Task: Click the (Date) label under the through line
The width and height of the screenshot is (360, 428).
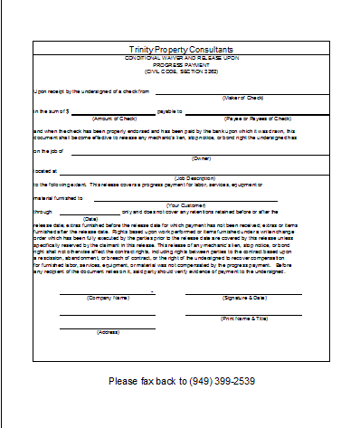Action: click(x=90, y=219)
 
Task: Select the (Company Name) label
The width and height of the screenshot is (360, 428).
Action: click(x=108, y=297)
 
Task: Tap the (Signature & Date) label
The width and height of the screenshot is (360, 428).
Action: click(x=244, y=297)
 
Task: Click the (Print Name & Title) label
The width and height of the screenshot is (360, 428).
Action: click(x=244, y=318)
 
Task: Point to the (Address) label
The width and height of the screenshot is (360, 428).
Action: click(x=108, y=332)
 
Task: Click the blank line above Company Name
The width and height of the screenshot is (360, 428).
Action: click(x=107, y=292)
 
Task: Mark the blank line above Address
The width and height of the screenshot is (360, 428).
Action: click(x=107, y=327)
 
